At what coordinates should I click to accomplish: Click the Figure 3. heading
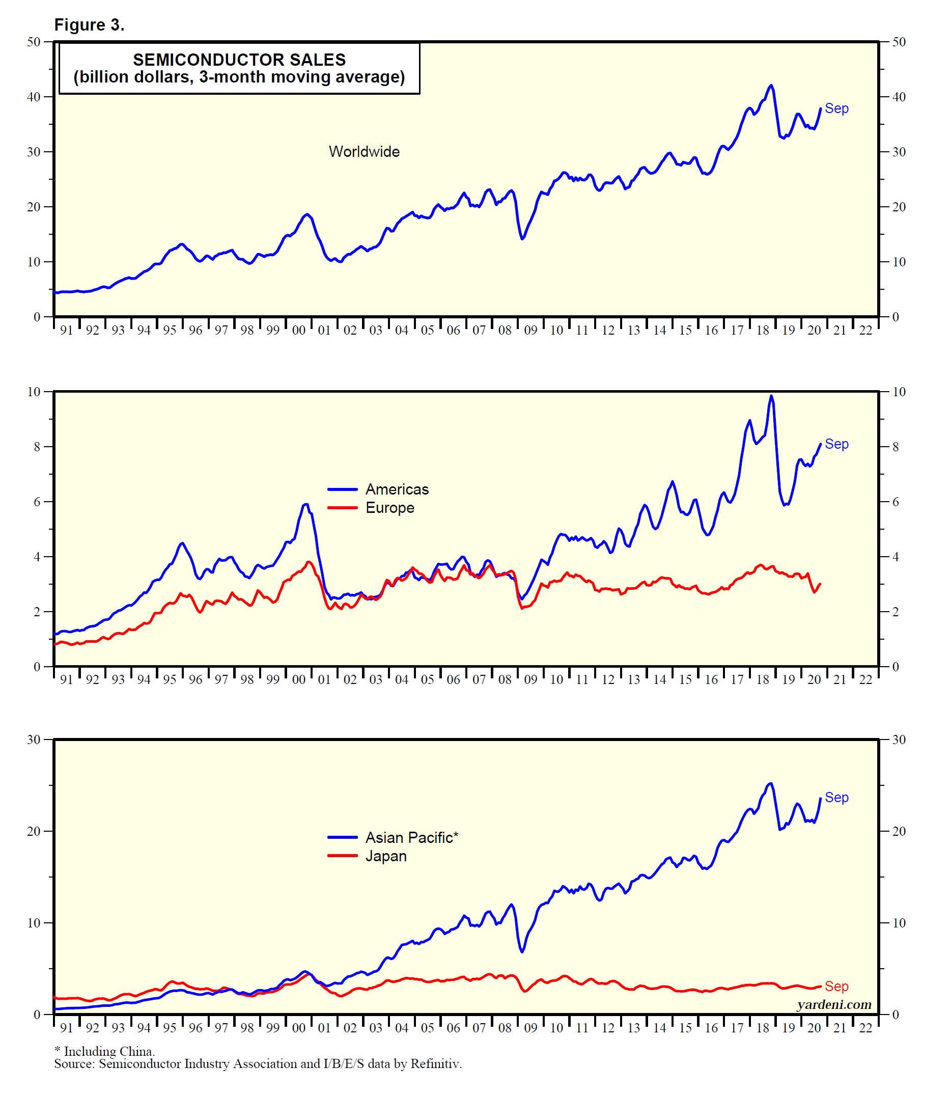tap(89, 25)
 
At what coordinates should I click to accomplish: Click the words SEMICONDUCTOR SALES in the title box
tap(239, 60)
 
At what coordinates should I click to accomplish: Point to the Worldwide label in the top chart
tap(364, 152)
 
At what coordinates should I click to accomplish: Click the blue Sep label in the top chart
tap(836, 108)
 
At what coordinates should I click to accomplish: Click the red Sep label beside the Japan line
tap(836, 987)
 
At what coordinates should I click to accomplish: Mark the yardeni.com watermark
tap(834, 1005)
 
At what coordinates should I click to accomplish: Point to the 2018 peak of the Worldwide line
tap(771, 86)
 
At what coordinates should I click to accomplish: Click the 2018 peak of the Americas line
tap(771, 396)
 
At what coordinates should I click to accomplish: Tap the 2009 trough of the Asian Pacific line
tap(522, 952)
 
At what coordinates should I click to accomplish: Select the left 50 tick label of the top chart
tap(34, 42)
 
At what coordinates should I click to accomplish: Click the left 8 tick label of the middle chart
tap(37, 447)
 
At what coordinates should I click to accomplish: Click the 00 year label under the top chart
tap(299, 331)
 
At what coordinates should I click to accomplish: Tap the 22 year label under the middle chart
tap(865, 680)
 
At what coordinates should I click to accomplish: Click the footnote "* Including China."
tap(104, 1051)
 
